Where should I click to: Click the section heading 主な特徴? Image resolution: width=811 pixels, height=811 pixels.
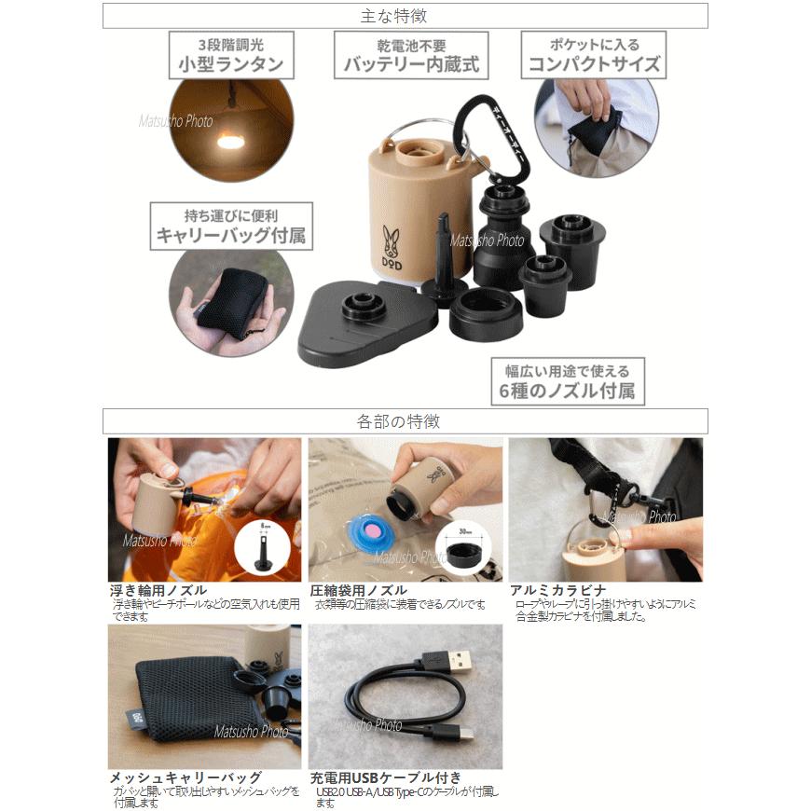click(x=405, y=16)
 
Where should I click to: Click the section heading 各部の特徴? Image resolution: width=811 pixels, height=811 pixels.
click(x=405, y=421)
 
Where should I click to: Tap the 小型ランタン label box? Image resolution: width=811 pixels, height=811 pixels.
click(x=231, y=55)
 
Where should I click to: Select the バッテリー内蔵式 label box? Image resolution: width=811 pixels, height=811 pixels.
click(x=411, y=55)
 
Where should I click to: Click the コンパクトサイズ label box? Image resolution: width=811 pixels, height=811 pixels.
click(x=594, y=54)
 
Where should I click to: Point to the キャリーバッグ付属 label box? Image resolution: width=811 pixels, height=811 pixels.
click(x=230, y=227)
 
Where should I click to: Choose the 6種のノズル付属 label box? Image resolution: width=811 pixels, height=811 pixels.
click(x=568, y=381)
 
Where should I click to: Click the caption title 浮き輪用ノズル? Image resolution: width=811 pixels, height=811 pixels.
click(x=158, y=591)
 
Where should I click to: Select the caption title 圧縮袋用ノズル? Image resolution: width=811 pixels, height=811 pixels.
click(x=358, y=591)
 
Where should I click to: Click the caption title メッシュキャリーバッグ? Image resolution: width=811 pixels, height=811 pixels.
click(x=186, y=777)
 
